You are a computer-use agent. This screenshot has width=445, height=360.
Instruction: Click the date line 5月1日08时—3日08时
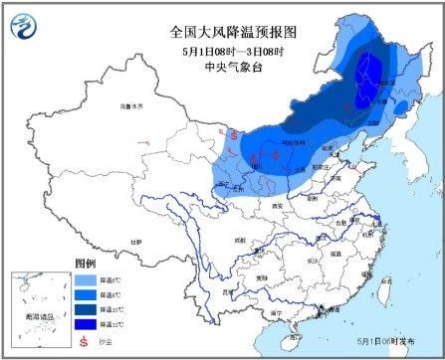click(x=221, y=51)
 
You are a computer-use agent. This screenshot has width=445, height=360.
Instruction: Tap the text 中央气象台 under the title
click(x=221, y=69)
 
